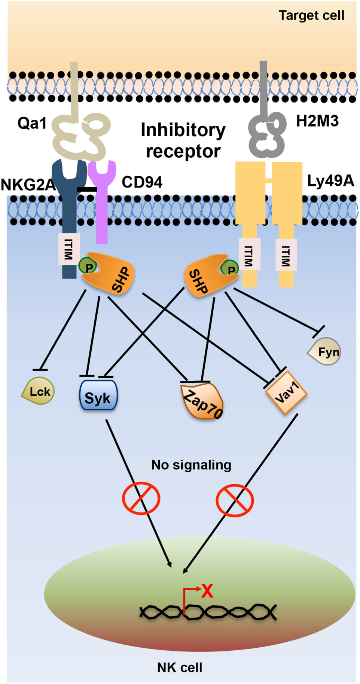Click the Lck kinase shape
39,391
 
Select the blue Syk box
98,396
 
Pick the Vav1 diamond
286,392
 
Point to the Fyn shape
326,352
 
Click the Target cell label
311,15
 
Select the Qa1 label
32,123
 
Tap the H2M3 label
317,121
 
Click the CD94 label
142,182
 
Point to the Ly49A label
330,181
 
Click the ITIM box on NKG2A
68,249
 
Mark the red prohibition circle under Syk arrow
141,498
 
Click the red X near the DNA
207,591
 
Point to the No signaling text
191,465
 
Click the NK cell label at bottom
180,667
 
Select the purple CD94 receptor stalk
102,221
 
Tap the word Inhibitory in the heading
183,130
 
